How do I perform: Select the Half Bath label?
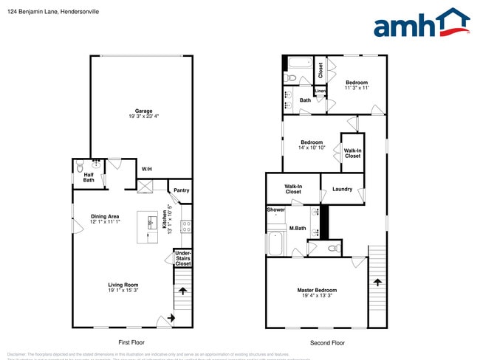click(89, 177)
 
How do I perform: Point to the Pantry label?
click(181, 190)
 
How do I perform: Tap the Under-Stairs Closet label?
click(182, 257)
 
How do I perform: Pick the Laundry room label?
click(342, 189)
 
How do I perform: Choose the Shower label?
click(275, 210)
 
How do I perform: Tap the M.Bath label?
click(298, 229)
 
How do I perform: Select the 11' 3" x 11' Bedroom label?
click(356, 85)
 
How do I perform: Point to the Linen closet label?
click(320, 91)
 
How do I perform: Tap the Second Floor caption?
click(327, 342)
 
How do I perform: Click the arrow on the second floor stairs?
click(377, 282)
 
